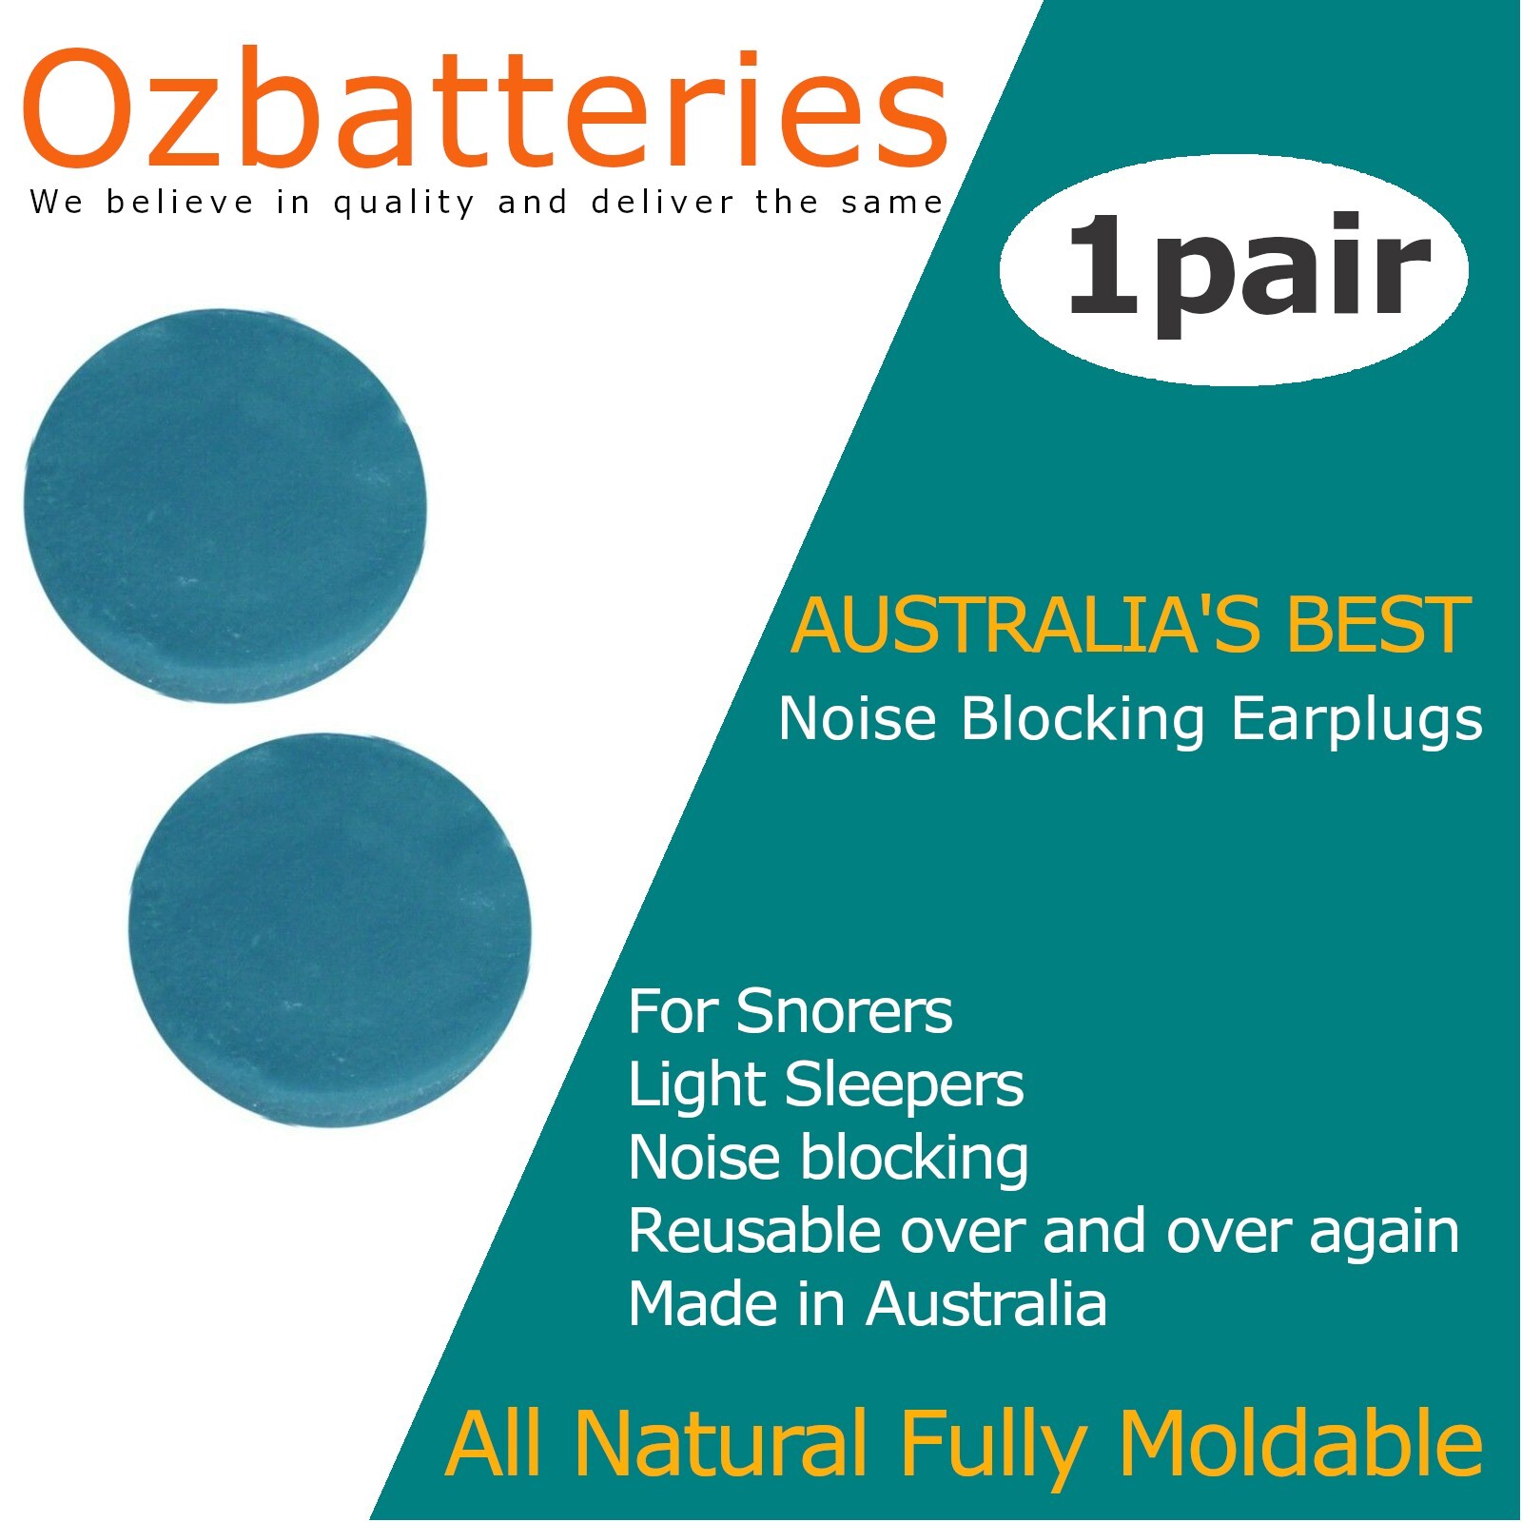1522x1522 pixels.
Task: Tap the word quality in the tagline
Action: pos(404,204)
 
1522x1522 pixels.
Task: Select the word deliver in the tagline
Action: pos(663,202)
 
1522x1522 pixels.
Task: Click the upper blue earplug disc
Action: pos(225,505)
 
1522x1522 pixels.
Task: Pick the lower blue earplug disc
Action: pos(330,929)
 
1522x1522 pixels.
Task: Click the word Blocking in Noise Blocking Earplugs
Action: pos(1083,719)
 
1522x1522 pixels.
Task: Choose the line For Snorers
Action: pos(790,1011)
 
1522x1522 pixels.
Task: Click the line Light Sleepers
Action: pos(826,1085)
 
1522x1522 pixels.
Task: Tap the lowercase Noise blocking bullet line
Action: pos(828,1159)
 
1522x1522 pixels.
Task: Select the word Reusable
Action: pos(754,1231)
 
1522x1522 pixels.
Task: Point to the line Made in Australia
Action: pos(868,1304)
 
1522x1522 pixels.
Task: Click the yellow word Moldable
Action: pos(1300,1444)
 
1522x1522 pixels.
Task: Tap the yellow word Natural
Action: pos(721,1444)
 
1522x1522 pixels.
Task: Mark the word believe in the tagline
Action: pos(181,202)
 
